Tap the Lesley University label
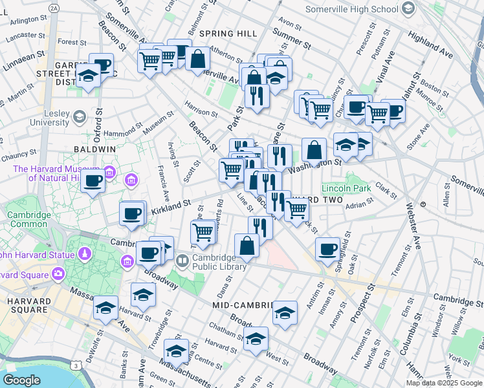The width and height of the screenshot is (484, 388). click(x=52, y=117)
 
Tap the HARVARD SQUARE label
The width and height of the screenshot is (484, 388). click(x=26, y=307)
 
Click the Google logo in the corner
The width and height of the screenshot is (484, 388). click(x=21, y=380)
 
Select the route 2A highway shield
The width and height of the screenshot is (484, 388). click(x=54, y=8)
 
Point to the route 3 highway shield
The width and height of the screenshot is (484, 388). click(x=77, y=366)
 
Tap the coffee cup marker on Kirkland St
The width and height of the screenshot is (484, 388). click(x=132, y=213)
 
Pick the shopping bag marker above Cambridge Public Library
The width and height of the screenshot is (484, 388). click(x=247, y=245)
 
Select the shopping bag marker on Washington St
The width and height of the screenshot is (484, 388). click(x=314, y=149)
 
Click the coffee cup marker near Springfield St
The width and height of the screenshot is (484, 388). click(x=328, y=248)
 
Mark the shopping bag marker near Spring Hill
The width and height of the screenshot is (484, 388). click(x=197, y=58)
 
